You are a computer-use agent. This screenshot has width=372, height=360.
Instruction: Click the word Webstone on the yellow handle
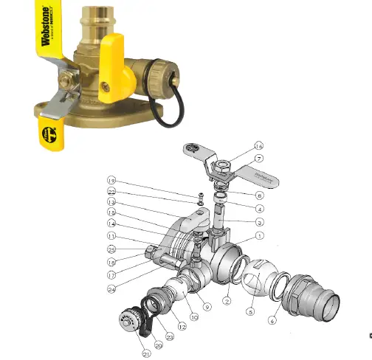[45, 28]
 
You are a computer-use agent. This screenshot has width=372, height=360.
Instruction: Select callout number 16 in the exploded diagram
[258, 145]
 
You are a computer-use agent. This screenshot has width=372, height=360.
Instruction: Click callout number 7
[258, 159]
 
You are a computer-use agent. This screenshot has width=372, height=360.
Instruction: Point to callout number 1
[258, 235]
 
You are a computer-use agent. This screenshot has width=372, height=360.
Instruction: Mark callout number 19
[111, 180]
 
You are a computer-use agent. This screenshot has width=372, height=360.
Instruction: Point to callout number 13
[111, 202]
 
